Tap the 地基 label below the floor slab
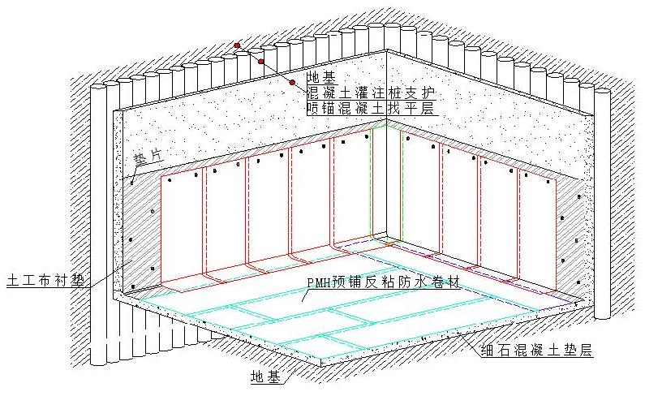pos(266,378)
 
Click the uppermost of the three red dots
pos(237,45)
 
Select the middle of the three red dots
pos(261,62)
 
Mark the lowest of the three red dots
pos(291,83)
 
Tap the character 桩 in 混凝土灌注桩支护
pos(392,93)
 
